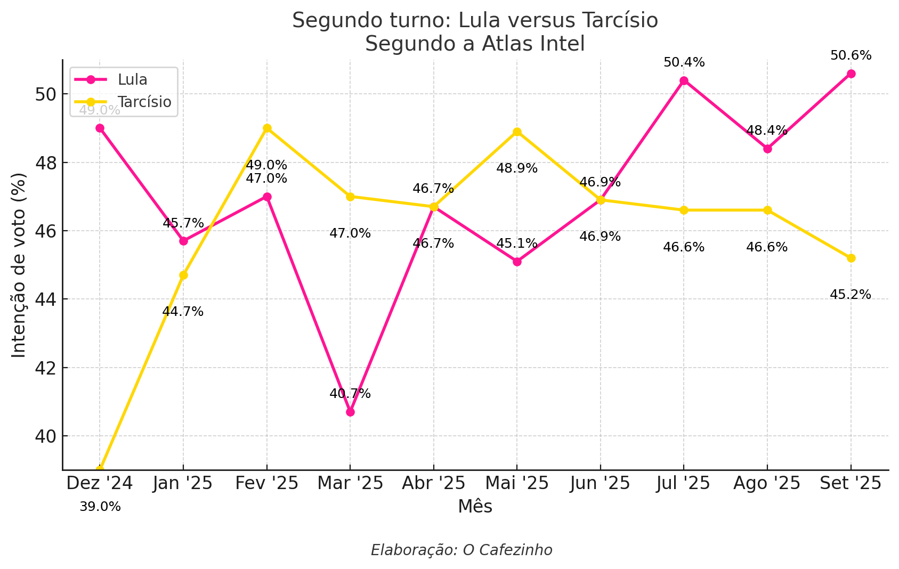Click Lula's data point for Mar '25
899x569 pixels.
pos(350,412)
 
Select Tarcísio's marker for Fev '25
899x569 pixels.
pos(267,128)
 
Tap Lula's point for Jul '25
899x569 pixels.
pos(684,81)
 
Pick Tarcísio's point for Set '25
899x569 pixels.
pos(851,258)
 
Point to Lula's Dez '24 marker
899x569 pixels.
pos(100,128)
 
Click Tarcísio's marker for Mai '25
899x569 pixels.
pos(517,132)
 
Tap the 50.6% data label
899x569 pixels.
pos(851,55)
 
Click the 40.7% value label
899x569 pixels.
pos(350,394)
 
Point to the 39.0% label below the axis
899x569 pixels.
pos(100,507)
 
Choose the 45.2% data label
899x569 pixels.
pos(851,295)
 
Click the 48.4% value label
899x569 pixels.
pos(767,131)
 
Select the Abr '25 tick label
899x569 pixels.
pos(433,483)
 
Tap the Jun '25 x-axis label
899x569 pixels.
pos(600,483)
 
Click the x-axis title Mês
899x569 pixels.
pos(475,507)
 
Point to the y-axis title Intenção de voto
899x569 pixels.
pos(19,265)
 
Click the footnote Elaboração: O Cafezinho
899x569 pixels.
pos(461,550)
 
